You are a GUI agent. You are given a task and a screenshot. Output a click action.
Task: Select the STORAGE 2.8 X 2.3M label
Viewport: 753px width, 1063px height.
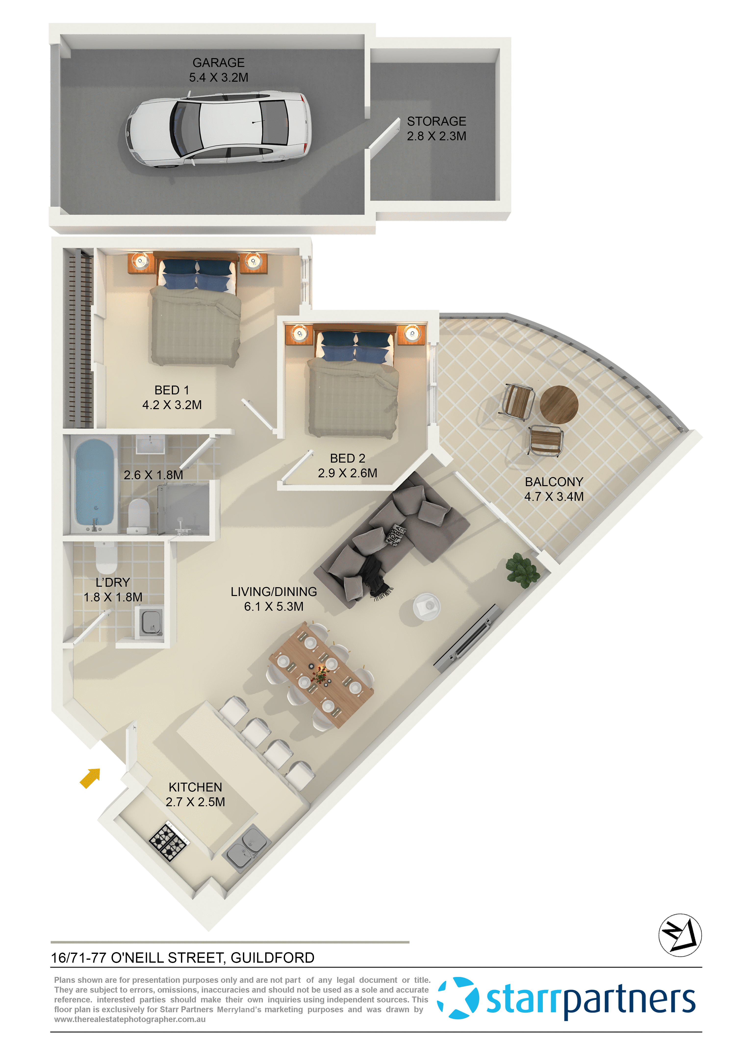(x=436, y=129)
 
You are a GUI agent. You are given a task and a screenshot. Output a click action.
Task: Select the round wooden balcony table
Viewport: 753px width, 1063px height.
(x=559, y=404)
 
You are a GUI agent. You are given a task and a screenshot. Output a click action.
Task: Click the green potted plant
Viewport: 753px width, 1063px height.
(x=523, y=570)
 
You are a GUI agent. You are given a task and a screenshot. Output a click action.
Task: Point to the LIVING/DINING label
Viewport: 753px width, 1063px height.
(x=274, y=599)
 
